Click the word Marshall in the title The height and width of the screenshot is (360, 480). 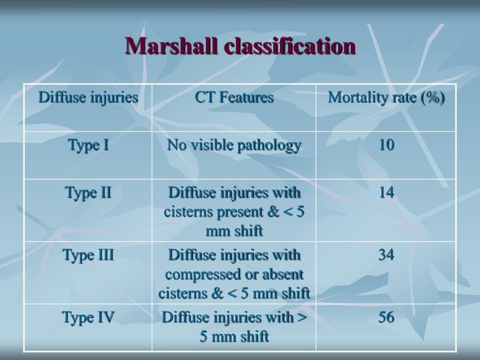pos(172,46)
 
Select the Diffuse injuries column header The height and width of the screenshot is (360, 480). pos(88,97)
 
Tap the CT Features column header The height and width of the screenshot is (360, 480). pos(234,97)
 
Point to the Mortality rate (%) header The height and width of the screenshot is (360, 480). pos(386,97)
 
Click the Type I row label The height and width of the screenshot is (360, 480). pos(88,145)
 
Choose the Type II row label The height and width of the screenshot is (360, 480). pos(88,193)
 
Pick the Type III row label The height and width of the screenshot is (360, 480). pos(88,255)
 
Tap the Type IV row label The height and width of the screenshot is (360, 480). pos(88,317)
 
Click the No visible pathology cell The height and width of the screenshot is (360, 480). pos(234,145)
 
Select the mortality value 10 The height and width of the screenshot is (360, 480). pos(386,145)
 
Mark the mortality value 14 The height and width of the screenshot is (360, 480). pos(386,193)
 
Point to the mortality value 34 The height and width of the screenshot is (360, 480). pos(386,255)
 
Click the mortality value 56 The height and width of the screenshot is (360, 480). pos(386,317)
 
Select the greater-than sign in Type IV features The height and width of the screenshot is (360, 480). pos(301,317)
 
